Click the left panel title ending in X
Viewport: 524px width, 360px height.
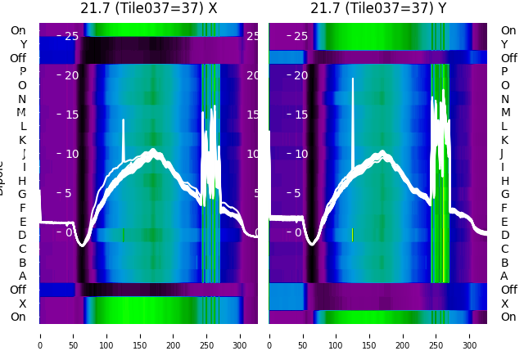148,8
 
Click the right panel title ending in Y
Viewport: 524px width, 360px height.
378,8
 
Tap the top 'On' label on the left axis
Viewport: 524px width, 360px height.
18,30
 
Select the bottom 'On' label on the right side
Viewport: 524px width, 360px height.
508,317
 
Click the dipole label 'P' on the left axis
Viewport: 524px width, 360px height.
23,71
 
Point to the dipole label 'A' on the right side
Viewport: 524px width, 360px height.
504,276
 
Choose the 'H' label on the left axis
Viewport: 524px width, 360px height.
23,181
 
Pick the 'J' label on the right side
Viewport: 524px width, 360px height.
502,153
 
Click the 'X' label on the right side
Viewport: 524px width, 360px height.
504,304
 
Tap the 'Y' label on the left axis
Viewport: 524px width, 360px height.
23,44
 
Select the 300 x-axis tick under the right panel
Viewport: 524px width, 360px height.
470,335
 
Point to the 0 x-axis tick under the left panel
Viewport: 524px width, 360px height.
40,335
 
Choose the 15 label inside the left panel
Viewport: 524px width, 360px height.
71,115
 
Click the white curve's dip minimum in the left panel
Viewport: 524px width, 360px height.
82,244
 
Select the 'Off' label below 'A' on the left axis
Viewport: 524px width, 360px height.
18,290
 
